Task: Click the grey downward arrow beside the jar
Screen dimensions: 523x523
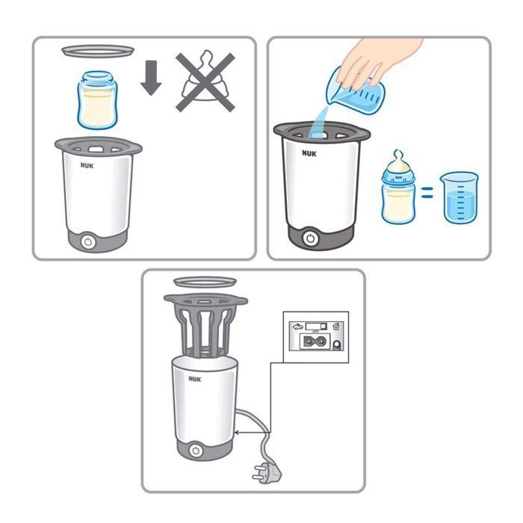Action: pyautogui.click(x=151, y=80)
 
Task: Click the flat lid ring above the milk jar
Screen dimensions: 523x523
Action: pyautogui.click(x=98, y=50)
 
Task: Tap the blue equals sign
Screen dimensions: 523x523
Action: pyautogui.click(x=426, y=196)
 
